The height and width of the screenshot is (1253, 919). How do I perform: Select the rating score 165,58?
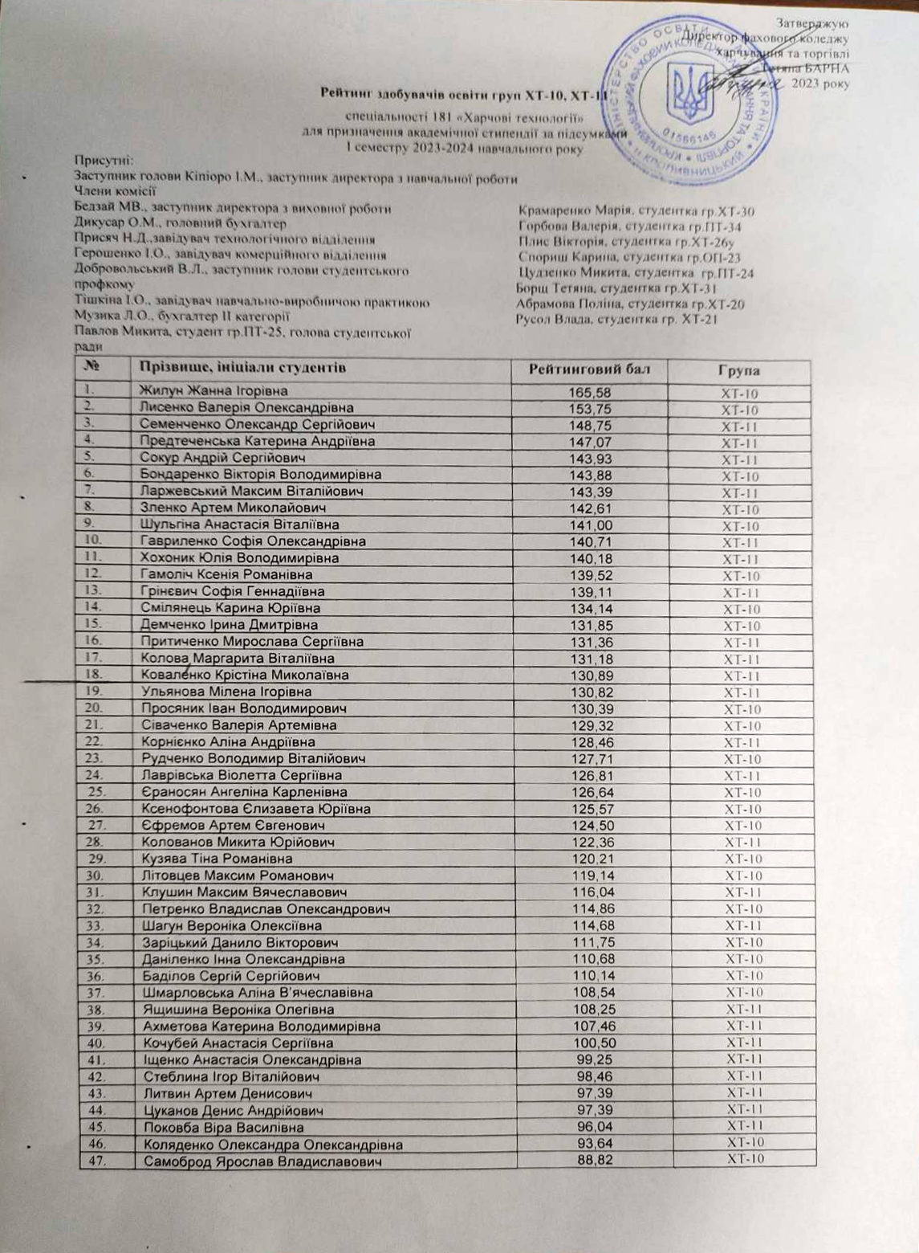coord(589,392)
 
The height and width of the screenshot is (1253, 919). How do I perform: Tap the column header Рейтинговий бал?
coord(588,369)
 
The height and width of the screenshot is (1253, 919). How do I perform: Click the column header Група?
coord(739,371)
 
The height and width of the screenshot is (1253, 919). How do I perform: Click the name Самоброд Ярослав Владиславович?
coord(261,1161)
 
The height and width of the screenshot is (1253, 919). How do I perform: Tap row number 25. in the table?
coord(98,792)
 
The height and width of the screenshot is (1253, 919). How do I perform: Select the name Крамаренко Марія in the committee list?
coord(571,212)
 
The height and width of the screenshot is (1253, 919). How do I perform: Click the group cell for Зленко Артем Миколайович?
coord(740,510)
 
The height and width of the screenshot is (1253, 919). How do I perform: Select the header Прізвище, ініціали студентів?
coord(242,368)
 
